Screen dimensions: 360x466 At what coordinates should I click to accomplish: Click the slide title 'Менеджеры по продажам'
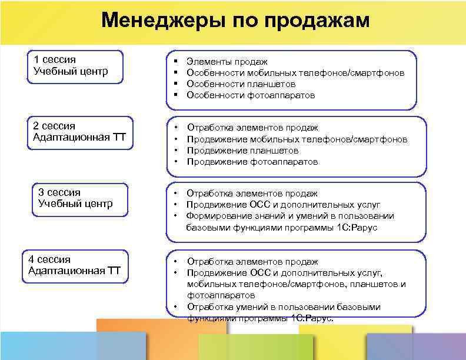point(235,21)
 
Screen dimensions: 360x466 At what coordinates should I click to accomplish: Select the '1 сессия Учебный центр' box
point(76,66)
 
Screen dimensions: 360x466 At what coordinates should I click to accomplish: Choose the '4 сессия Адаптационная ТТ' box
point(75,265)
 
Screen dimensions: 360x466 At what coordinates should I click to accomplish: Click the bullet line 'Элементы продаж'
point(227,61)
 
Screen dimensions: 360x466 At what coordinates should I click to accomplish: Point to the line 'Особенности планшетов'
point(242,84)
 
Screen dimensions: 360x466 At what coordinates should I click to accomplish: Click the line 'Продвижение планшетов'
point(242,150)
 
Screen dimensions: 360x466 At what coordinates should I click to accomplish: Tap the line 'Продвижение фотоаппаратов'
point(252,161)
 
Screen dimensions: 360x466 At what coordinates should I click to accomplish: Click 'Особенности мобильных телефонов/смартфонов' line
point(295,72)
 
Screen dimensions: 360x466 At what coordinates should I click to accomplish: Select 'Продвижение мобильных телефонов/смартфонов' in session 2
point(297,139)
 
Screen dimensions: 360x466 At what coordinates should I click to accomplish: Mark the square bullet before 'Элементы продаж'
point(176,61)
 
